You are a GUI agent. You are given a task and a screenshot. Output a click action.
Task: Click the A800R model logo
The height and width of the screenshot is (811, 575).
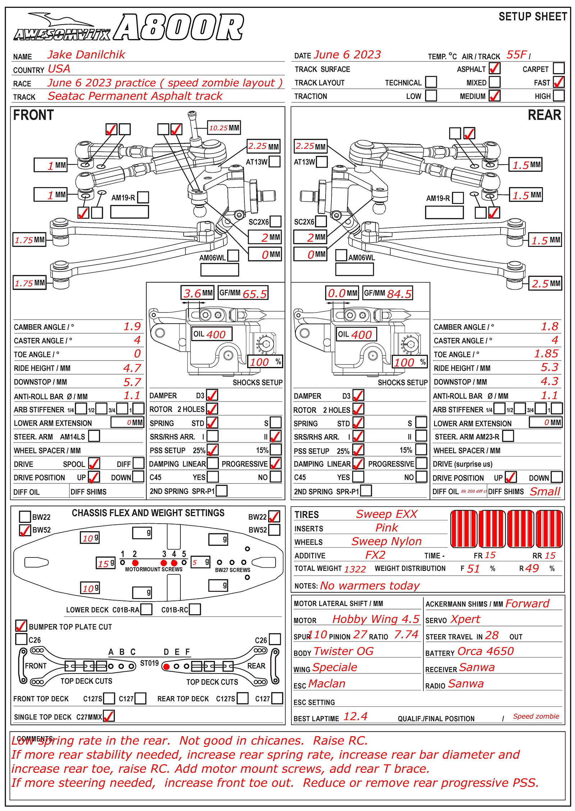click(x=179, y=27)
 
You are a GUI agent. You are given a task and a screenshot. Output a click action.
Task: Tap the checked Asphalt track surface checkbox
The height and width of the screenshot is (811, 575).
click(x=494, y=68)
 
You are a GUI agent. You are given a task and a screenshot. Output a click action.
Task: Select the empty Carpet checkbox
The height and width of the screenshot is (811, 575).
click(x=558, y=68)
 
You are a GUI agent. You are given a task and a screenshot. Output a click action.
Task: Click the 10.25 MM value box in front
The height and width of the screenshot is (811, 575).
click(x=224, y=128)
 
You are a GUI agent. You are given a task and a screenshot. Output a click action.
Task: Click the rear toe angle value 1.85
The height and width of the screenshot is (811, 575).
click(x=546, y=354)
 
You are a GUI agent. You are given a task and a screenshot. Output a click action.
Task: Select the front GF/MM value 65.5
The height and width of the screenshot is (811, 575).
click(x=254, y=294)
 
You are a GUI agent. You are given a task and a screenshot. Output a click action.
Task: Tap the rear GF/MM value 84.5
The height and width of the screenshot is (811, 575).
click(x=399, y=294)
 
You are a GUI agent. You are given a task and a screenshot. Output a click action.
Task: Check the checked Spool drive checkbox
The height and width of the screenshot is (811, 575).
click(x=94, y=463)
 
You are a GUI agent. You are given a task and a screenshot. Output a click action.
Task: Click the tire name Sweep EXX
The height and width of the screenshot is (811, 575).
click(x=386, y=514)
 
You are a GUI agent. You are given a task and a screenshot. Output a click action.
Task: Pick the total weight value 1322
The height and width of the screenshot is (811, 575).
click(x=355, y=569)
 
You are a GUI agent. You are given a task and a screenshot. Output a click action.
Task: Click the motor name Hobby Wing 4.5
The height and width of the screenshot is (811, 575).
click(x=376, y=619)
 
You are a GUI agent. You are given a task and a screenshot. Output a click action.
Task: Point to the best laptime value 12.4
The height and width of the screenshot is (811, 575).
click(x=355, y=717)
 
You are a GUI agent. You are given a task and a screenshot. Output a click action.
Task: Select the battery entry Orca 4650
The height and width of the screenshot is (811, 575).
click(x=486, y=651)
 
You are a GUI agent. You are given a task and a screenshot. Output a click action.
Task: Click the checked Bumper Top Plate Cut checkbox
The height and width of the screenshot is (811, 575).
click(x=21, y=626)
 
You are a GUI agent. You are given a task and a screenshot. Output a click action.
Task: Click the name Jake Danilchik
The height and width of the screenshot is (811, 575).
click(x=86, y=55)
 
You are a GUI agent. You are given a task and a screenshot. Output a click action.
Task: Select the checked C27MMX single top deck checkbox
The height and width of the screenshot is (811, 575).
click(x=109, y=716)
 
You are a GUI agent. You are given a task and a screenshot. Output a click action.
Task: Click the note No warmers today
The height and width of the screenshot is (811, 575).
click(x=369, y=586)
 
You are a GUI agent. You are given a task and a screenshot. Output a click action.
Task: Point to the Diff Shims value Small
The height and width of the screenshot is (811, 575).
click(x=545, y=491)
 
